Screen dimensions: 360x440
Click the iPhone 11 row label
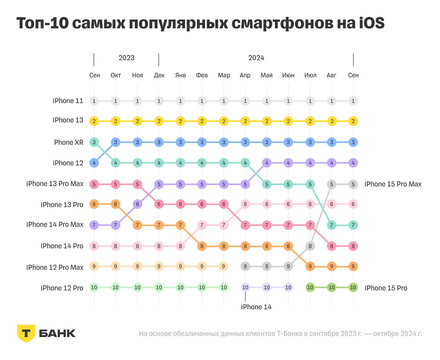point(68,101)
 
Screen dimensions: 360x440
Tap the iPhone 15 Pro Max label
point(393,184)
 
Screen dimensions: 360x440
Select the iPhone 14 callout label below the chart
point(256,307)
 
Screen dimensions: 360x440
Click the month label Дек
point(159,75)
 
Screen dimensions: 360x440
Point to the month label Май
point(266,75)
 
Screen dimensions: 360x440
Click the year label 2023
point(127,58)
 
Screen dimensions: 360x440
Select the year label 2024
point(256,58)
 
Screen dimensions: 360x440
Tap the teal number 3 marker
point(94,142)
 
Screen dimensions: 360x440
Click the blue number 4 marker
point(94,163)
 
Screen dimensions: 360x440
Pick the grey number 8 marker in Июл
point(310,246)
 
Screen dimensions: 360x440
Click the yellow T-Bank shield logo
point(26,333)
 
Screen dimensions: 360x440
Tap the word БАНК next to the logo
point(57,333)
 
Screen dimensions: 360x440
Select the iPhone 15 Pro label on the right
point(386,288)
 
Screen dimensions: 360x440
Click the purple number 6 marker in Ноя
point(137,204)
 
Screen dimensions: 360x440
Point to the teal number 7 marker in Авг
point(332,225)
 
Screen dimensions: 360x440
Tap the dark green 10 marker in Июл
point(310,287)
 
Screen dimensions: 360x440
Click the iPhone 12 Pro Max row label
point(55,267)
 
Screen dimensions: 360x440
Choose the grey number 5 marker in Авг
point(332,184)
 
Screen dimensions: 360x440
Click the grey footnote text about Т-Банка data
point(280,334)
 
